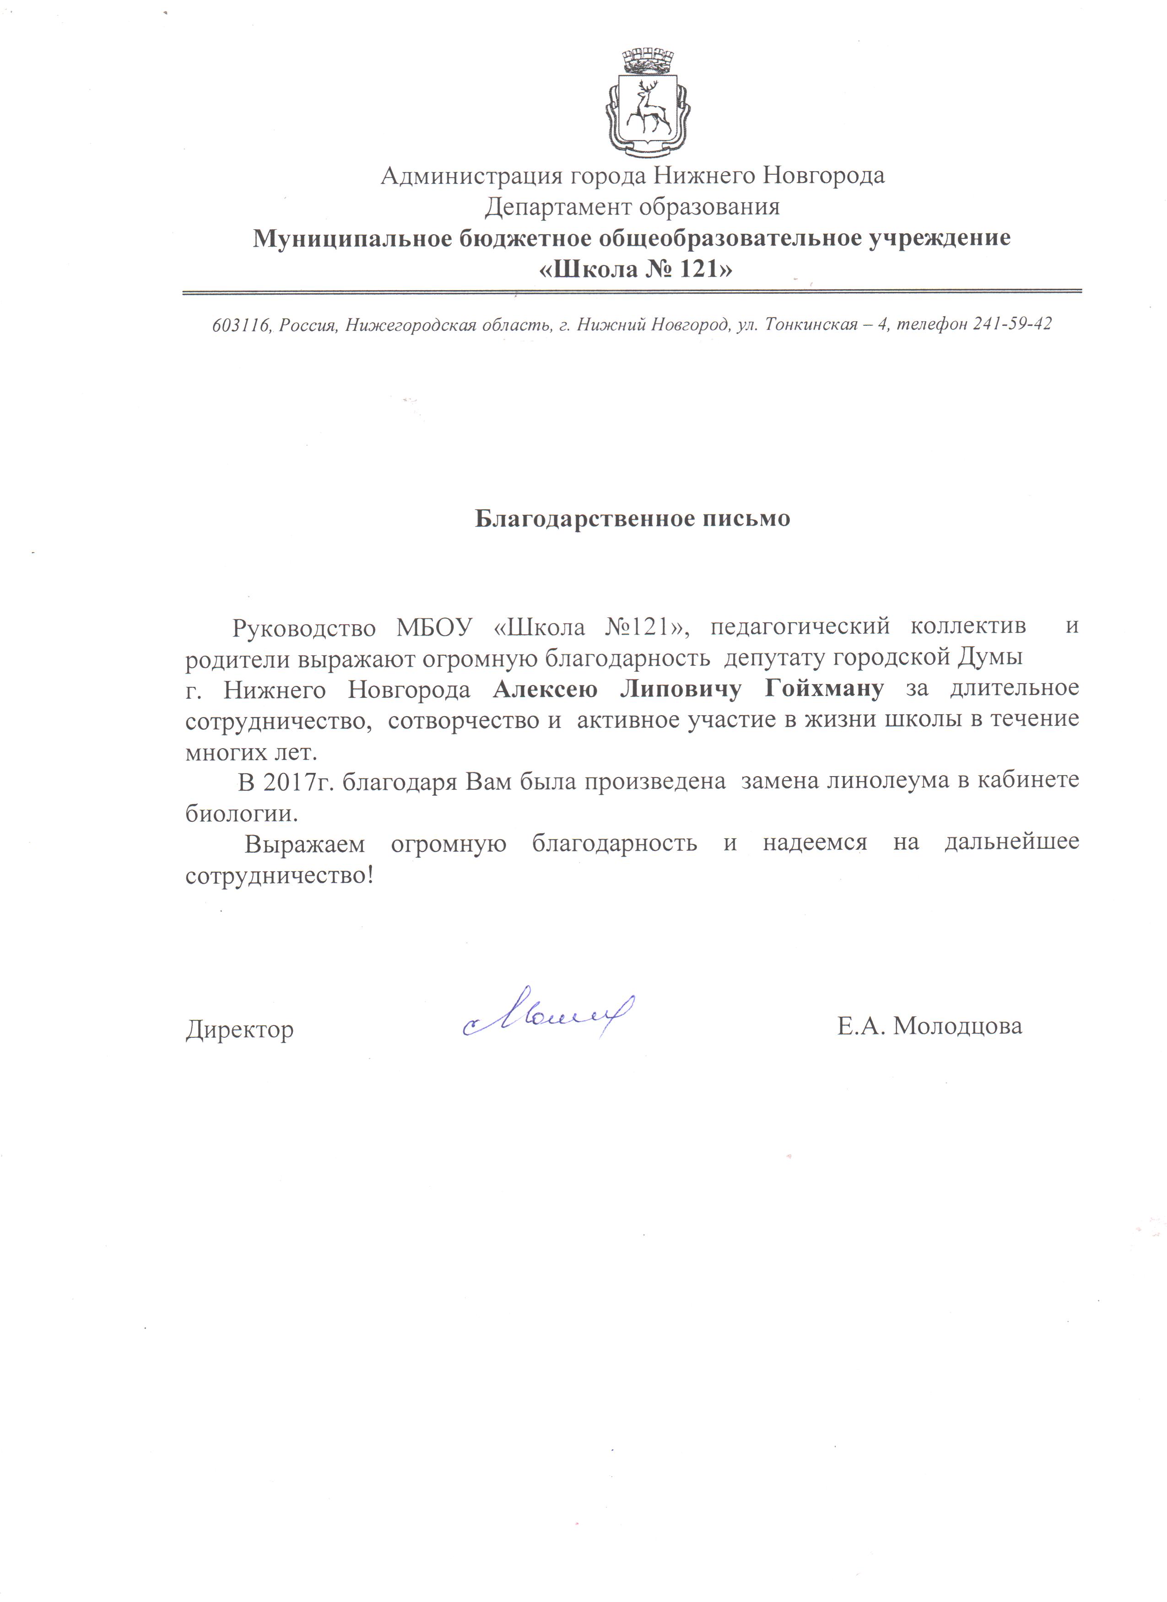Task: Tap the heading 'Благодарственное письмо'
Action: coord(632,518)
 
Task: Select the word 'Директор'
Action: coord(239,1030)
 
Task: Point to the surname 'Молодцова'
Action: coord(957,1025)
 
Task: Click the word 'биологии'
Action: coord(241,814)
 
